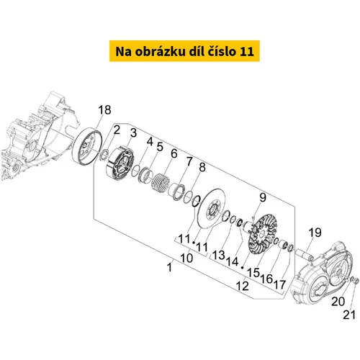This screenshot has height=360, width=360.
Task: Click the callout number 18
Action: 104,110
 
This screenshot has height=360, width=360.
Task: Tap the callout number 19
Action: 315,233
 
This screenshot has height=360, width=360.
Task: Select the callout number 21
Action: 349,315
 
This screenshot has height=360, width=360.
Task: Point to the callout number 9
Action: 263,198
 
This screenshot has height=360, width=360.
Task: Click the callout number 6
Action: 174,153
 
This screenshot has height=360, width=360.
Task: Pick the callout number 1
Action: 169,267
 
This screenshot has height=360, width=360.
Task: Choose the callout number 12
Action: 242,286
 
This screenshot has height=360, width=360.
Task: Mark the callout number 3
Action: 133,132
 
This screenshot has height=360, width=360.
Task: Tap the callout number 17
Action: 280,284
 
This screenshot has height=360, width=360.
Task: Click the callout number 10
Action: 186,258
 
